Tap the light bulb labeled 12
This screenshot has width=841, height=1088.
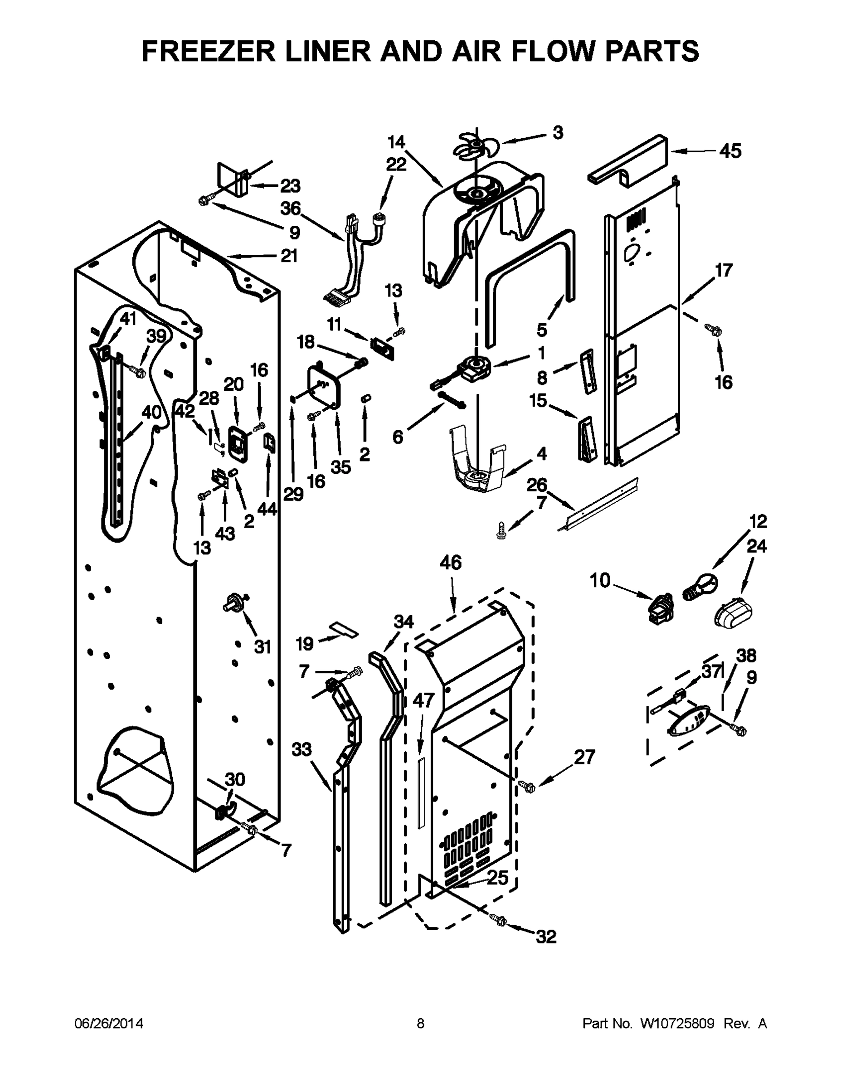pos(701,586)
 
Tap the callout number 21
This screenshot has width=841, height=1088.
pos(289,256)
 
